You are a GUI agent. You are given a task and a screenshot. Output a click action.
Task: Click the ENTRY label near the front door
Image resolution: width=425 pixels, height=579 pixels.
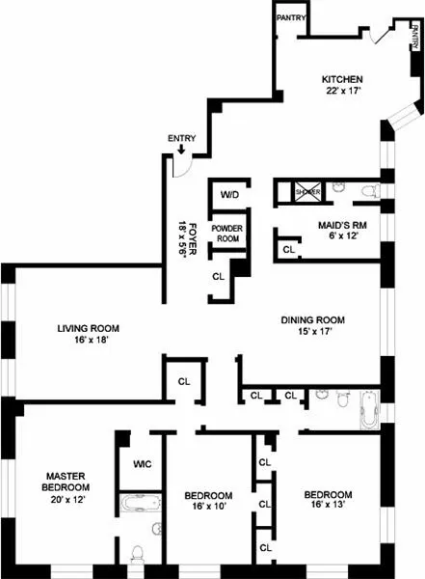point(181,138)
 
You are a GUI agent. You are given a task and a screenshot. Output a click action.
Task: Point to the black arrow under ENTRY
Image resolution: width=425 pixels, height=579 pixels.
point(181,150)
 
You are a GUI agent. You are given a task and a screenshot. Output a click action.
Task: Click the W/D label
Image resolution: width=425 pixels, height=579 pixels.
point(229,195)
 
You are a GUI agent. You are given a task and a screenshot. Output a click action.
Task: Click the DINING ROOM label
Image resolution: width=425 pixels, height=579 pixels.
point(313,320)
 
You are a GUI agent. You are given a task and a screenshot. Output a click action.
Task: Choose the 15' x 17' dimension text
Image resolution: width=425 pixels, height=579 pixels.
point(313,333)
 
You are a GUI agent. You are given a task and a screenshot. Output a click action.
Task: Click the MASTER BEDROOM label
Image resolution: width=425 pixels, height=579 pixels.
point(67,481)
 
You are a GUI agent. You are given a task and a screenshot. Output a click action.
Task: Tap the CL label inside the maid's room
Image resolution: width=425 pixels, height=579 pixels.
point(288,250)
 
